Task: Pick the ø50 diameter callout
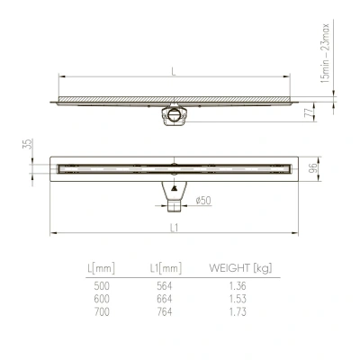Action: [x=204, y=200]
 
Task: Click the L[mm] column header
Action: [x=102, y=267]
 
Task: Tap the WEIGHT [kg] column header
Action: [x=240, y=267]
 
